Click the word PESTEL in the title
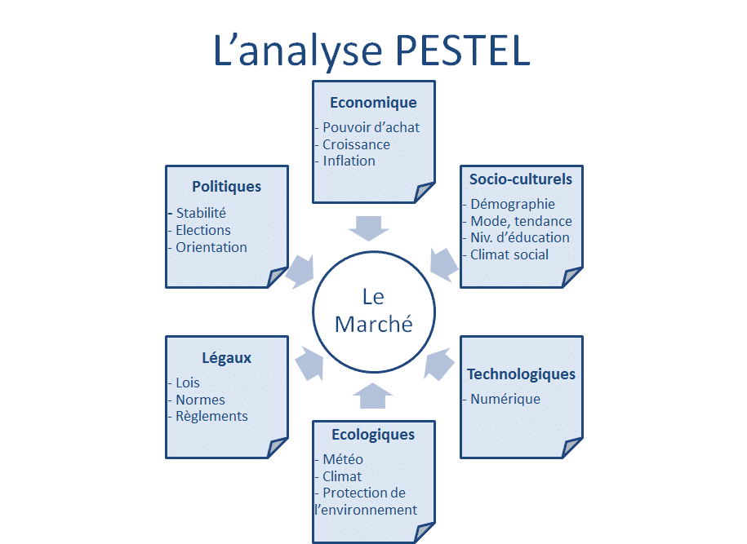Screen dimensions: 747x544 tap(463, 50)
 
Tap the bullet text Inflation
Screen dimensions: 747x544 tap(349, 161)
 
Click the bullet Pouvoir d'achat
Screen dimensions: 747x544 tap(371, 127)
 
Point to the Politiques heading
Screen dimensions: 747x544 tap(227, 187)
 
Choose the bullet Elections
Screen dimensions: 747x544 tap(203, 230)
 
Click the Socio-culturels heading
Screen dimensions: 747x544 tap(521, 179)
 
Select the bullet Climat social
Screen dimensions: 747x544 tap(509, 254)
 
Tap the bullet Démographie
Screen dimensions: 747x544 tap(513, 205)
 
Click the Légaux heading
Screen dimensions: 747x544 tap(226, 358)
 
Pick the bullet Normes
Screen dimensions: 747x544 tap(201, 400)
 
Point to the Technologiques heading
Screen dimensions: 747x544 tap(521, 374)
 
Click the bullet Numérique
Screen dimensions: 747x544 tap(505, 400)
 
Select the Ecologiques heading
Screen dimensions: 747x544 tap(373, 435)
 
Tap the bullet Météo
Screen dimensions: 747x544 tap(343, 459)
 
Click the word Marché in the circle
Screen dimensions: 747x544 tap(374, 325)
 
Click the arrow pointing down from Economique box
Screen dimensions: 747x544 tap(369, 228)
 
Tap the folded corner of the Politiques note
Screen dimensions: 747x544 tap(278, 277)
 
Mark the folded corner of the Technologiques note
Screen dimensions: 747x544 tap(571, 448)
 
